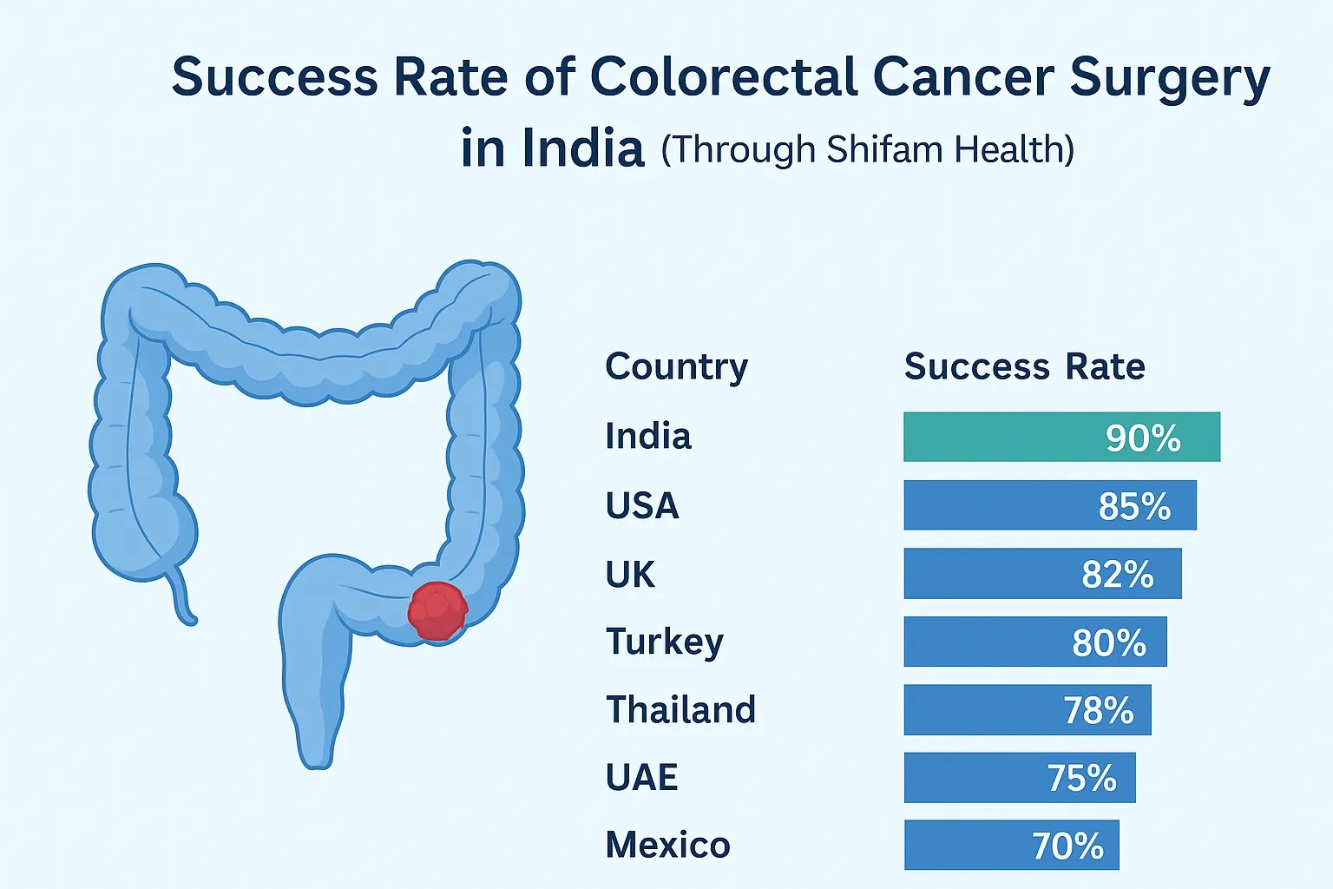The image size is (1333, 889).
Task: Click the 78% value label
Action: tap(1099, 710)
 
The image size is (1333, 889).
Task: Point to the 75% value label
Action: tap(1081, 778)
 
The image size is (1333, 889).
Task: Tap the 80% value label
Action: tap(1109, 642)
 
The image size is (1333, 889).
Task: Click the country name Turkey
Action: tap(664, 642)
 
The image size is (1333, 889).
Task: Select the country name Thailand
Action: tap(680, 709)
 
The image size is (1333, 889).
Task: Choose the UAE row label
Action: tap(641, 777)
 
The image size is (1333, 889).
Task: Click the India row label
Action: tap(647, 436)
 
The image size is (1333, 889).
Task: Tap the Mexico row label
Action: tap(667, 845)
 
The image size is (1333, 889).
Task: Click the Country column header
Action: tap(676, 367)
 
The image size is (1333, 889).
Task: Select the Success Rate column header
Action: tap(1024, 367)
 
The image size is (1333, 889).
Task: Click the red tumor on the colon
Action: tap(437, 610)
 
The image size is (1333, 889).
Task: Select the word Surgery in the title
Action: tap(1169, 78)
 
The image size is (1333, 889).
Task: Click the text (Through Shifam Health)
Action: tap(867, 149)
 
